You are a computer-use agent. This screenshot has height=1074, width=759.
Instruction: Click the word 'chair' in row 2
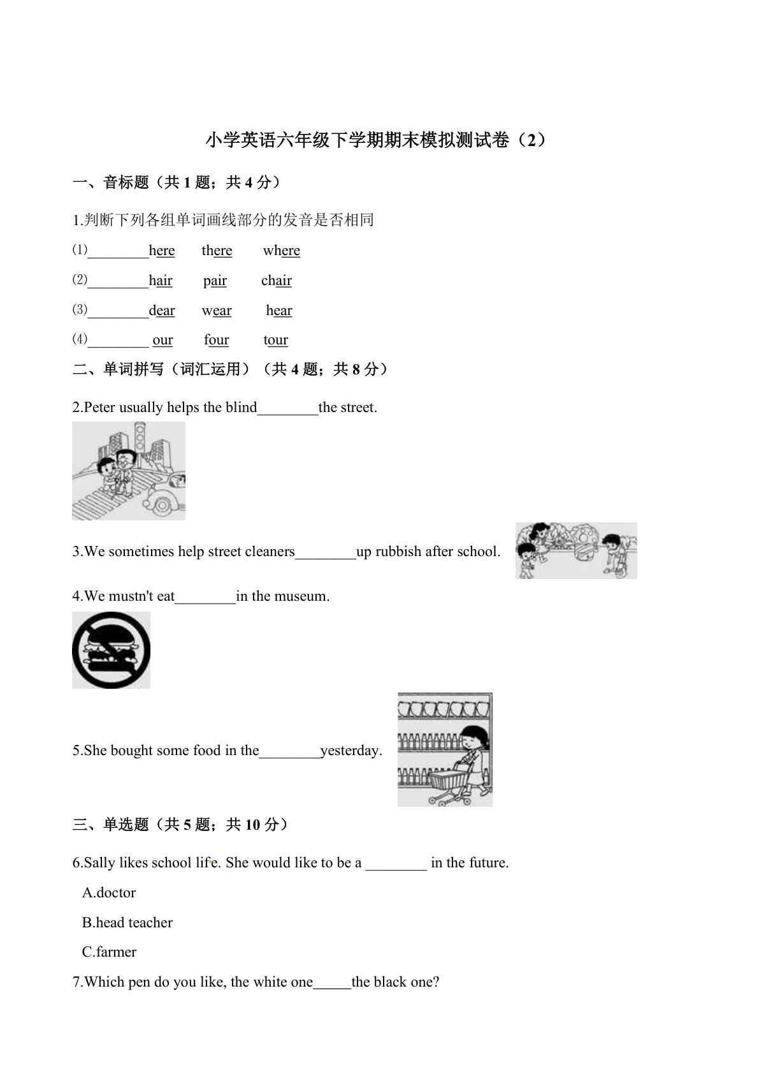276,281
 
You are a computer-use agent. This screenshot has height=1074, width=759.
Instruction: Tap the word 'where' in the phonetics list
281,251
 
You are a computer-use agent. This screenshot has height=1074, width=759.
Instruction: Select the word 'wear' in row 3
217,311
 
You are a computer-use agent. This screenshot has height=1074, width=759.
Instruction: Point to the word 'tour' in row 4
275,340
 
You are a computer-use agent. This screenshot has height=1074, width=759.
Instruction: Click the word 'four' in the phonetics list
216,340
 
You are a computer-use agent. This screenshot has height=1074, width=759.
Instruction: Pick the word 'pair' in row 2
215,281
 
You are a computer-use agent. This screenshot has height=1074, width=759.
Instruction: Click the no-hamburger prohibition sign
111,650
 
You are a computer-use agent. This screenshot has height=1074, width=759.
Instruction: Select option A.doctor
109,892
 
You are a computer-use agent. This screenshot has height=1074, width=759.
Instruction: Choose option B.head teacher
127,922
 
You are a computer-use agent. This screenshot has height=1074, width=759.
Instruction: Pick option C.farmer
109,952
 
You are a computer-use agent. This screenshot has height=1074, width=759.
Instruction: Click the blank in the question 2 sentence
287,408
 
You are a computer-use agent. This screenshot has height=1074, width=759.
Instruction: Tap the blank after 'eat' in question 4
205,597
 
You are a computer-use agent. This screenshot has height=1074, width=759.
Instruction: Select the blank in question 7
332,982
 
